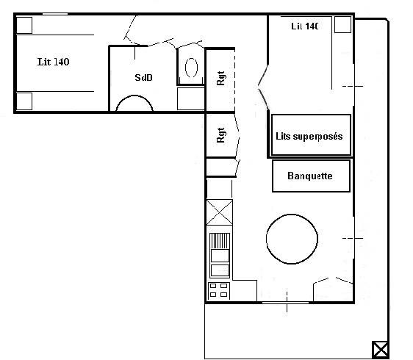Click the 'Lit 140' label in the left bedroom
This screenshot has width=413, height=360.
[53, 62]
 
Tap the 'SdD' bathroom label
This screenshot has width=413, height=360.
[143, 78]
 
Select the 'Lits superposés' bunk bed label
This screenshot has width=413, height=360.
[309, 137]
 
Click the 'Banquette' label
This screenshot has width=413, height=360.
[310, 176]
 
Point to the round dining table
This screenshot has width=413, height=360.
[292, 239]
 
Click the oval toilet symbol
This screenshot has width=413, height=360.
[191, 68]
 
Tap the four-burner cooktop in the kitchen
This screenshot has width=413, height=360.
[218, 290]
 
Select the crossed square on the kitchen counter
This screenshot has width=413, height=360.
[220, 212]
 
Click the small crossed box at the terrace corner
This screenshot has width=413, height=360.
[381, 350]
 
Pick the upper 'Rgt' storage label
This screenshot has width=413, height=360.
[220, 78]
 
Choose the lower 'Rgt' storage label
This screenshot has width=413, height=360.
[220, 135]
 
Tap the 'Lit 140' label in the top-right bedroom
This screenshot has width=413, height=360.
[305, 26]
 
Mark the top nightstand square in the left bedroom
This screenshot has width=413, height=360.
[24, 26]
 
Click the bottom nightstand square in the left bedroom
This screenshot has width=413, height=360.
[24, 101]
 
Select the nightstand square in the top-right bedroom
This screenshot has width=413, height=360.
[342, 24]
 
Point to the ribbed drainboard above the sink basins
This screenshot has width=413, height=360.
[220, 241]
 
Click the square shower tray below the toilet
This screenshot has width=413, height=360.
[190, 98]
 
